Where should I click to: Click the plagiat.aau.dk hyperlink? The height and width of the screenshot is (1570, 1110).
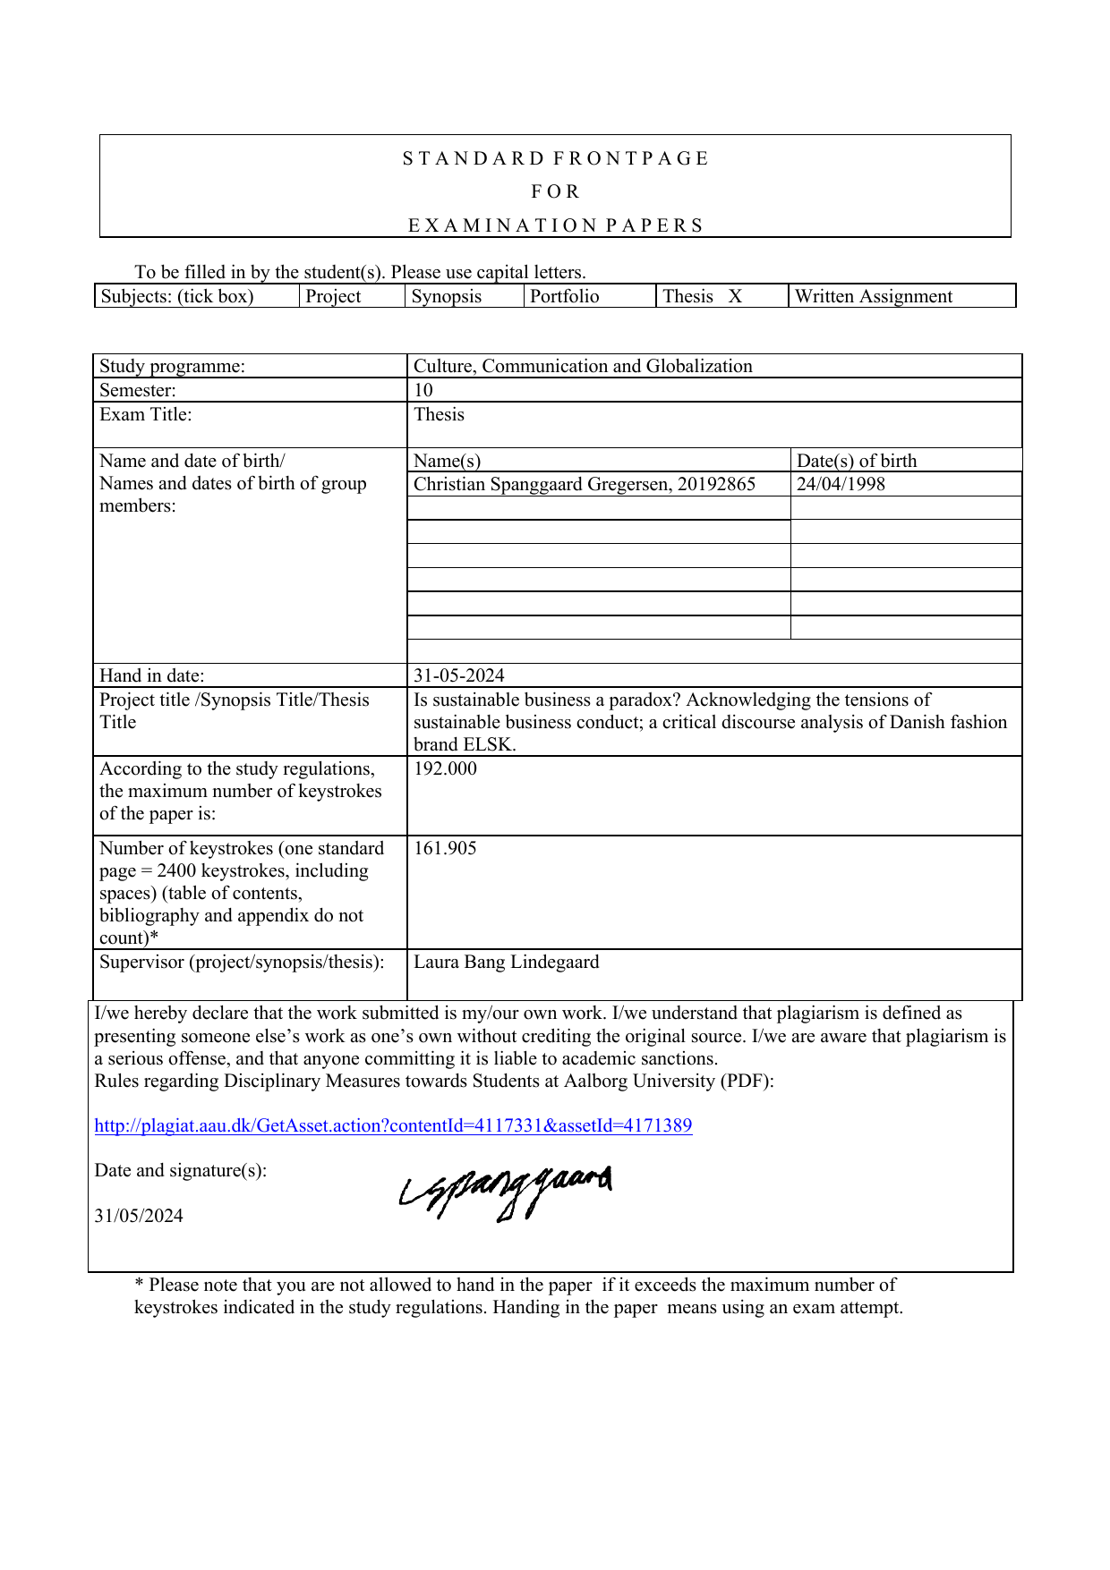(x=393, y=1125)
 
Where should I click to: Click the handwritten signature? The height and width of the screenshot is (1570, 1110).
(x=506, y=1192)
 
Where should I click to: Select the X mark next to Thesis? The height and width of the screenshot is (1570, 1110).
(x=735, y=296)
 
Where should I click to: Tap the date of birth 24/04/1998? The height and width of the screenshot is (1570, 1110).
(x=841, y=484)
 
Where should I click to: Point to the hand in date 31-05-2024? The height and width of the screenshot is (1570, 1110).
(x=458, y=675)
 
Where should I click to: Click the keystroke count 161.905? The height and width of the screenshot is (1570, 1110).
(x=445, y=848)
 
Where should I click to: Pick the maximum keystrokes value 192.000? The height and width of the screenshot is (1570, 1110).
(x=445, y=768)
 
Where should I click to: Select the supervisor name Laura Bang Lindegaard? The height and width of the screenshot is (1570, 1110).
(x=506, y=962)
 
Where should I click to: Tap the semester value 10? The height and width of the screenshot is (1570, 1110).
(x=423, y=390)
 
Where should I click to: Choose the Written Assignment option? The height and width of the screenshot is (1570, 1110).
(x=873, y=296)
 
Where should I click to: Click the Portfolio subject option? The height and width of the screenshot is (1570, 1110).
(x=564, y=296)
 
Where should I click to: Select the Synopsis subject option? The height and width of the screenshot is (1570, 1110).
(x=446, y=296)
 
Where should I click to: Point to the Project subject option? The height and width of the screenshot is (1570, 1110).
(x=333, y=296)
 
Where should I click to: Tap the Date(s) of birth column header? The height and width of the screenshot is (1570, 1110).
(x=857, y=461)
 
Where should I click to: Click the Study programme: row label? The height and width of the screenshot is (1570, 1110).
(x=172, y=366)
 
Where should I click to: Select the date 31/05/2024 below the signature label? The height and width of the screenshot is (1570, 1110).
(x=139, y=1216)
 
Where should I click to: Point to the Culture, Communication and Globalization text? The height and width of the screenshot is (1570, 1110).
(x=583, y=366)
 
